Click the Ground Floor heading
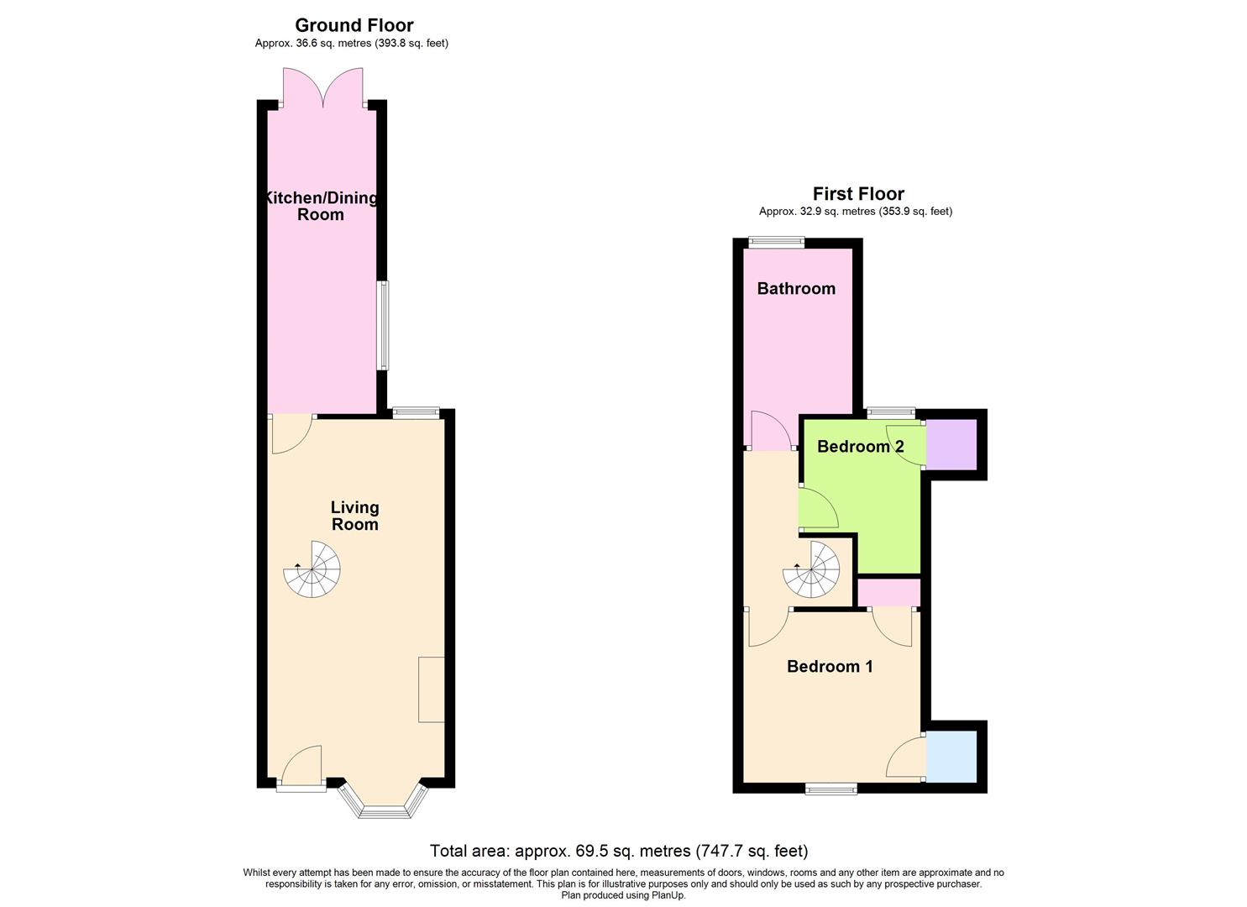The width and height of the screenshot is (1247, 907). [354, 25]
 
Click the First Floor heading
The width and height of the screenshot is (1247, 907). [858, 194]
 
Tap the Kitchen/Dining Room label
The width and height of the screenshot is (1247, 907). [321, 206]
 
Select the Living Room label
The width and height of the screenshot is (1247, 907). [354, 516]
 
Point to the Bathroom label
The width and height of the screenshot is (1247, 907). [796, 288]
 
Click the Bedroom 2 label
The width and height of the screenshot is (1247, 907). [860, 446]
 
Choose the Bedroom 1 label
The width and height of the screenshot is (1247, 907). [830, 666]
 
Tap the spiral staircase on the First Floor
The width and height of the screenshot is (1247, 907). [811, 569]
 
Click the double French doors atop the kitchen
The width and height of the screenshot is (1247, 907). [322, 88]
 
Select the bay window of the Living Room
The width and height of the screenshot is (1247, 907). [382, 802]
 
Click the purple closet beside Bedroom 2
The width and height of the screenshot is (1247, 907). [951, 444]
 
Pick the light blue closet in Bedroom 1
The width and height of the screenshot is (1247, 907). [951, 756]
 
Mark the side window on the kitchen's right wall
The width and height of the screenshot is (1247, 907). [383, 325]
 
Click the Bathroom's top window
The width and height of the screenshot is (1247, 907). [776, 243]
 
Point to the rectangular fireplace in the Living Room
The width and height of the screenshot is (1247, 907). [432, 689]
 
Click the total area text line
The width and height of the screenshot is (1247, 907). [619, 851]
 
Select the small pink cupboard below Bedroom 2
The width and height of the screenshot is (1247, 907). [888, 593]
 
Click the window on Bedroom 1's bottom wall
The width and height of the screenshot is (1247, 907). [831, 789]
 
